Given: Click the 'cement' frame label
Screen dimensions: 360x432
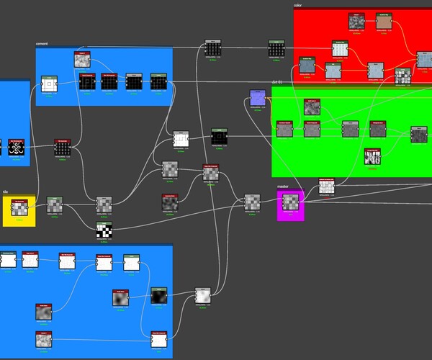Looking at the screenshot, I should point(42,44).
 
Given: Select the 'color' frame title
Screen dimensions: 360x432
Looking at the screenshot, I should point(298,5).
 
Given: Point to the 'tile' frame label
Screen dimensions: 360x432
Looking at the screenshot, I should point(6,192).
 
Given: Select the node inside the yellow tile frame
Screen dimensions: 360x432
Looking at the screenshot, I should point(18,208).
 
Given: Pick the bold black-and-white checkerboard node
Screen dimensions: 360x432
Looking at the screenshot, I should point(105,230).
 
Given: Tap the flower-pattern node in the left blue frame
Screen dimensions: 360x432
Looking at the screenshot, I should point(16,148).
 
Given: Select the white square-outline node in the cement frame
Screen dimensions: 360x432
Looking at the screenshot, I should point(49,85).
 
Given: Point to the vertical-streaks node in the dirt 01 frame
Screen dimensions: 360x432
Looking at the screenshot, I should point(373,156).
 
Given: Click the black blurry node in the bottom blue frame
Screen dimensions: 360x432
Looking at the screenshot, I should point(159,295).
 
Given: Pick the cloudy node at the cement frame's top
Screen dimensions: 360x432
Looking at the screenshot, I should point(83,60).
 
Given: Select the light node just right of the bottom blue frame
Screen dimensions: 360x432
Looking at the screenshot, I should point(204,296).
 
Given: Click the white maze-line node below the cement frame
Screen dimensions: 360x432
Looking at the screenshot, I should point(180,138).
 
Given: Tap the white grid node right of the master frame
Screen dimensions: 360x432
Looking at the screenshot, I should point(327,186).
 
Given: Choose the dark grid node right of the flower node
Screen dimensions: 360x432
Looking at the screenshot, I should point(63,148).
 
